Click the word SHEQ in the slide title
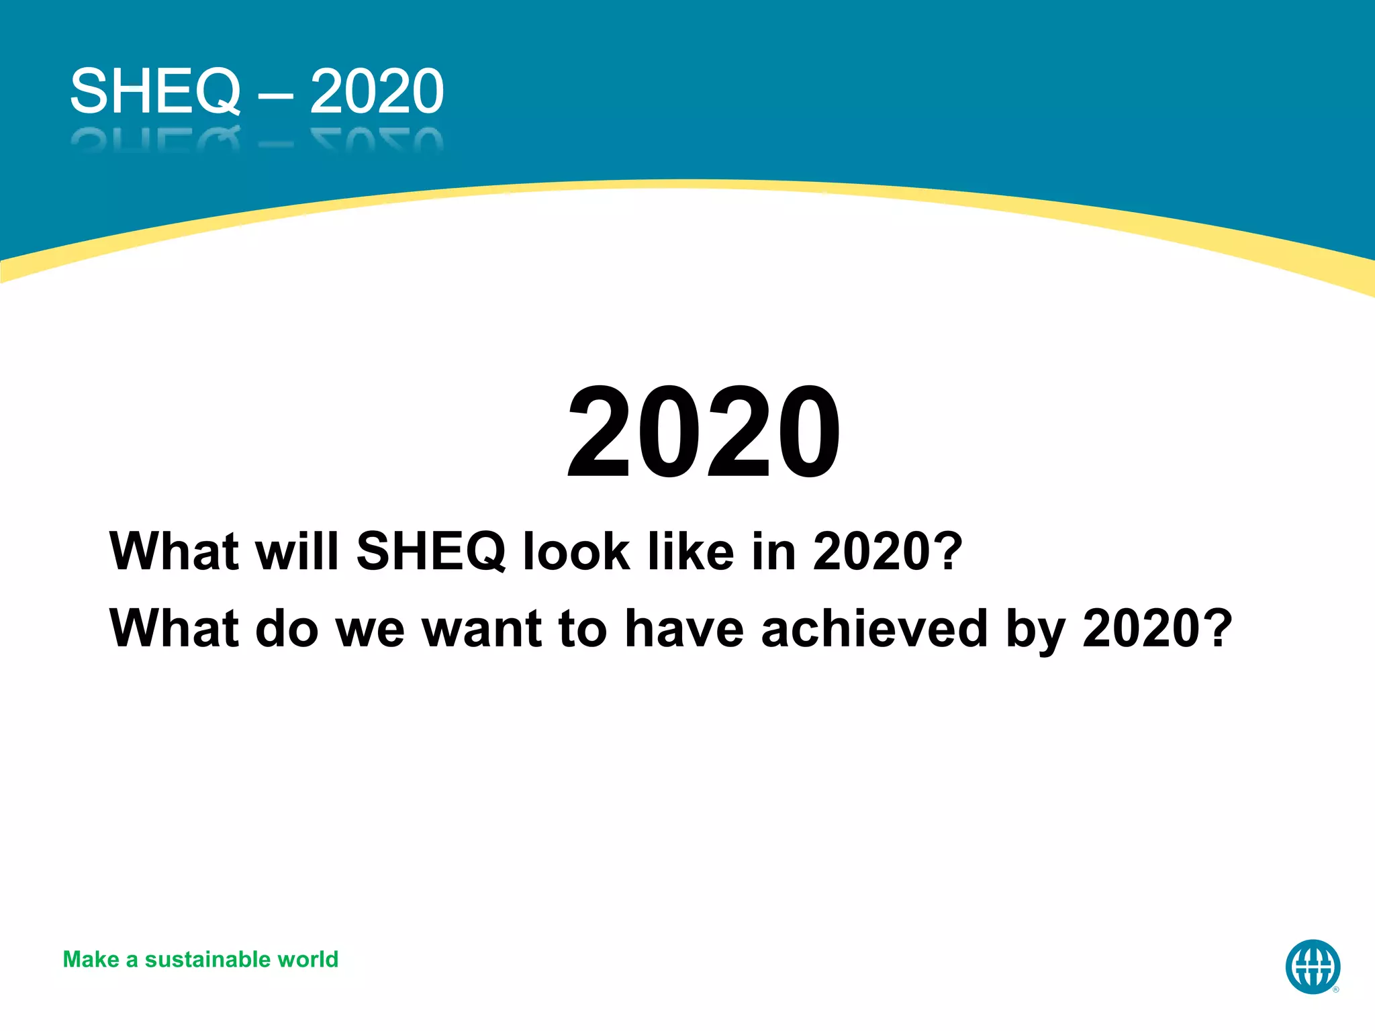pos(155,91)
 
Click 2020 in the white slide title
pos(377,91)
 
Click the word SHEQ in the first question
pos(431,552)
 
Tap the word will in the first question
pos(297,552)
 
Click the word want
pos(481,629)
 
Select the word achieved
pos(875,629)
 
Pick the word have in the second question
pos(684,629)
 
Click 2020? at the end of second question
pos(1157,629)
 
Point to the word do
pos(287,629)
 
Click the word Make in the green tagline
pos(91,960)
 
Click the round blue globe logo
pos(1313,967)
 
